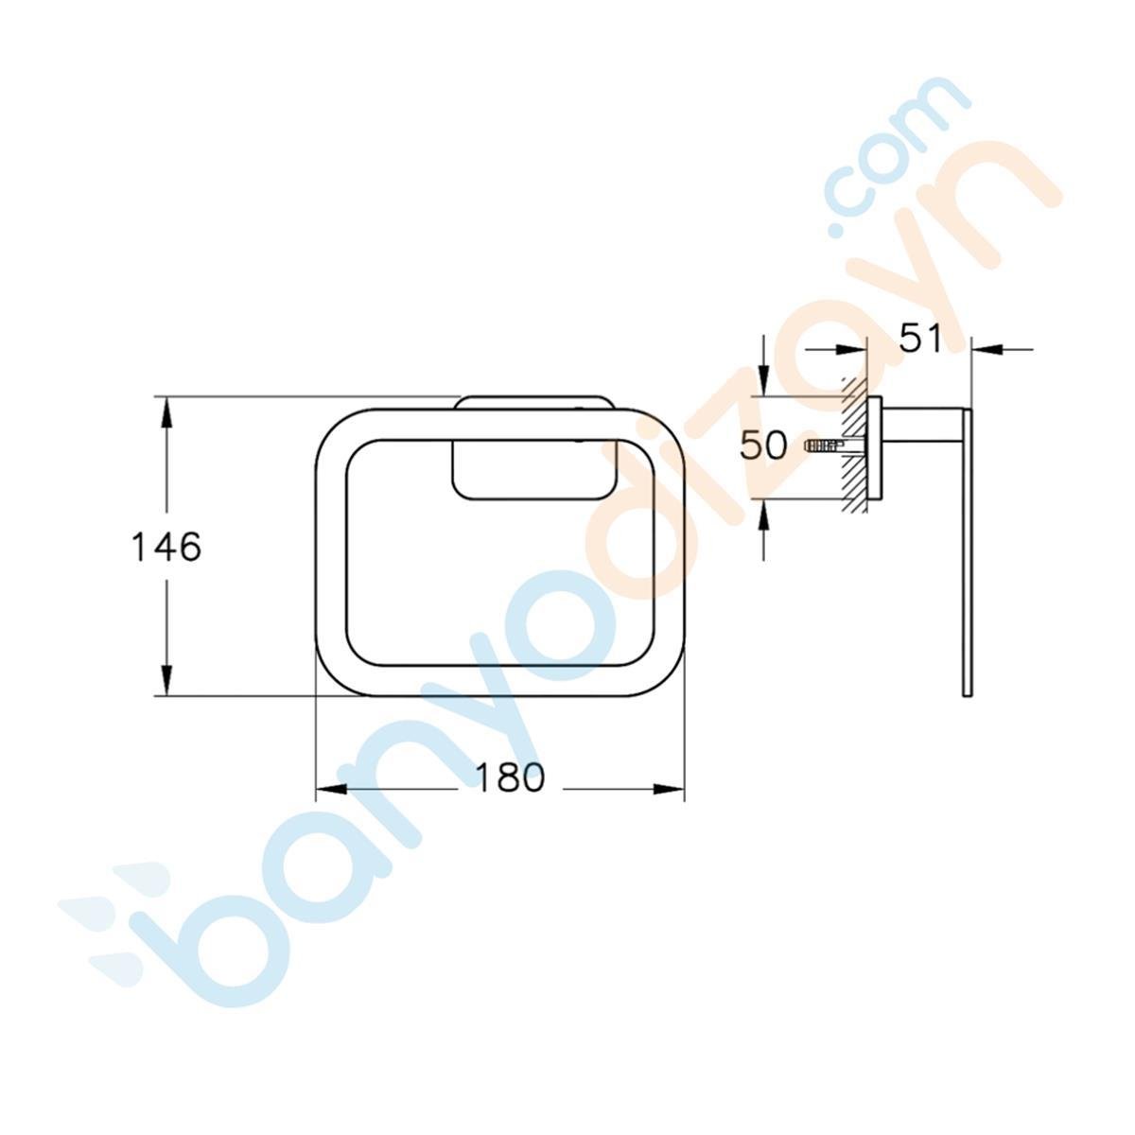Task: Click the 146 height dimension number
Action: (166, 547)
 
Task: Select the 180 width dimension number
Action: (509, 777)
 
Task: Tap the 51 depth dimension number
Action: (920, 338)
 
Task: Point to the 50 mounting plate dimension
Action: (763, 445)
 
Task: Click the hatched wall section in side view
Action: (857, 445)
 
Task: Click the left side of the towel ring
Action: (331, 553)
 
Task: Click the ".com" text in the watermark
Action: (899, 151)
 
